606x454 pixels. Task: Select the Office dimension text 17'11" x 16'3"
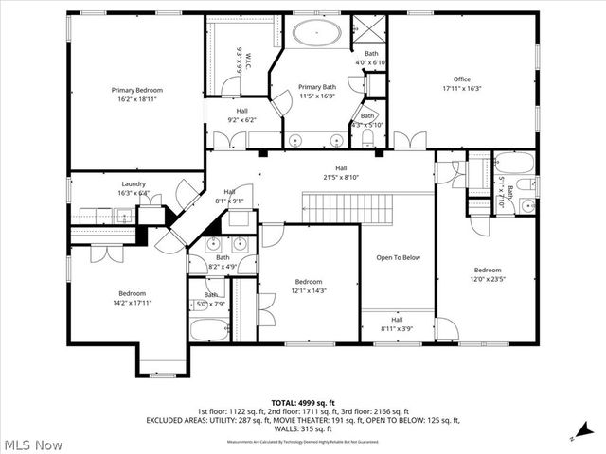(462, 88)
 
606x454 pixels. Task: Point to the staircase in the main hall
(340, 201)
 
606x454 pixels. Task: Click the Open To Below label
(398, 257)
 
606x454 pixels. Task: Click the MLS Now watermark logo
(33, 444)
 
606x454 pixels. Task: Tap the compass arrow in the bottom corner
(575, 435)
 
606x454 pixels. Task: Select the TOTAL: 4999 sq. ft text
(303, 402)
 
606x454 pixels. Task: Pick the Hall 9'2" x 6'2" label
(242, 115)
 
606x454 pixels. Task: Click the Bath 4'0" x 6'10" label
(372, 59)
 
